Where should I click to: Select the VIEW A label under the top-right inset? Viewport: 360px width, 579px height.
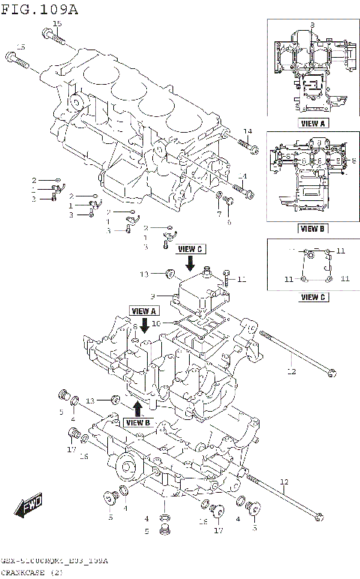coord(312,123)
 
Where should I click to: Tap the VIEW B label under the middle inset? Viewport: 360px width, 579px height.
coord(312,228)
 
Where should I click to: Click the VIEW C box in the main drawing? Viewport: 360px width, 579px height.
coord(190,248)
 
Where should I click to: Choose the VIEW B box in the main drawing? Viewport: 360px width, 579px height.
coord(138,422)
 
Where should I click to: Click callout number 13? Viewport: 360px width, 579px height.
coord(90,400)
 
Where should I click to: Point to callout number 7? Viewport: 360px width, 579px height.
coord(219,214)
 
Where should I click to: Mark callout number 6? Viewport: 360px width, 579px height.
coord(229,221)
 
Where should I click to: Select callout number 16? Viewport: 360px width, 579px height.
coord(84,457)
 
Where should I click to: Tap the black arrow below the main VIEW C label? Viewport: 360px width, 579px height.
coord(190,262)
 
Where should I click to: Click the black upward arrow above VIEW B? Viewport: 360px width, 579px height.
coord(137,407)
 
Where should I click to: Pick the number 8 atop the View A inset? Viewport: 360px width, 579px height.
coord(310,25)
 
